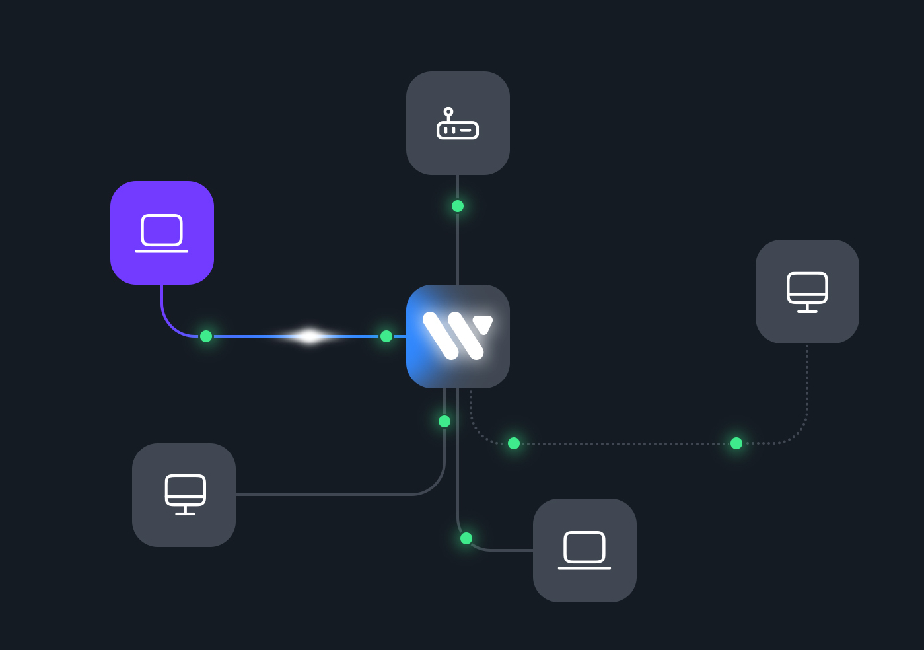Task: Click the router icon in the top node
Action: tap(458, 124)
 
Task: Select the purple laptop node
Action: tap(162, 233)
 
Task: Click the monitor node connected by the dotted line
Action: tap(807, 291)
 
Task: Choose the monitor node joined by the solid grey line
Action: tap(184, 495)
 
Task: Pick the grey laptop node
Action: tap(585, 550)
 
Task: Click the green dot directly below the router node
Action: tap(458, 206)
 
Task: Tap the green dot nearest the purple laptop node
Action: tap(206, 336)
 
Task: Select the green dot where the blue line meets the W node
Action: tap(386, 336)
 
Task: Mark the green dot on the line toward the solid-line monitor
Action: tap(444, 421)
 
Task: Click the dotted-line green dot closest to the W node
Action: tap(514, 443)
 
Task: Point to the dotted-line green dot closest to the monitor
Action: tap(736, 443)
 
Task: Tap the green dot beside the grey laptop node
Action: tap(466, 538)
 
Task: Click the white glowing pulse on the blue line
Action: tap(309, 336)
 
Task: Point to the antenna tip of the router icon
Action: tap(448, 112)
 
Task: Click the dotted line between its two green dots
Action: tap(625, 444)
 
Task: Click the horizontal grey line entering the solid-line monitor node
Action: tap(324, 494)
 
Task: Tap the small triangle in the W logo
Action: tap(483, 324)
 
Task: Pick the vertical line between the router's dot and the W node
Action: tap(458, 248)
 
